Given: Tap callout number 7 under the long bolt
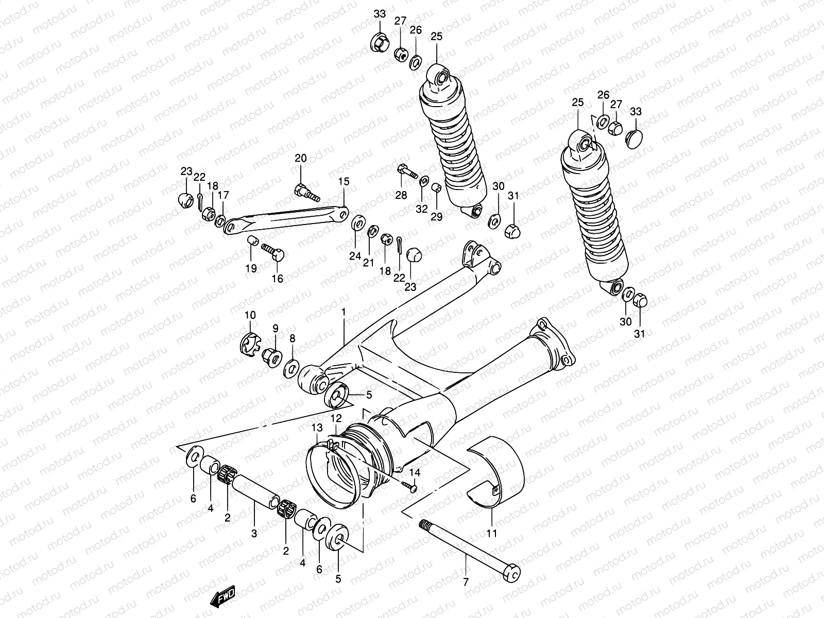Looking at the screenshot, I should tap(466, 582).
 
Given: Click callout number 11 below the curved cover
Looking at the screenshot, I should tap(492, 534).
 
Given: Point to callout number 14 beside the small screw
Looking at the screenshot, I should tap(415, 472).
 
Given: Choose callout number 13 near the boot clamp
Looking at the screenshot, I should tap(317, 427).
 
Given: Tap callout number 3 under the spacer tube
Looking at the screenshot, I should tap(254, 534).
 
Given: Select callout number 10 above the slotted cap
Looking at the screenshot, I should tap(250, 315).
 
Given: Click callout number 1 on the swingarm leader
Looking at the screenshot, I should tap(344, 312).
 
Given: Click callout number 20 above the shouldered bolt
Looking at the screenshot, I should tap(300, 158).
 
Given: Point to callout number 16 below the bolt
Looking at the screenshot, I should tap(277, 279).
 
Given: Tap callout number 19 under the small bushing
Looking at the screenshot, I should tap(251, 268).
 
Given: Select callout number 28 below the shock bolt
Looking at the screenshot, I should tap(401, 195).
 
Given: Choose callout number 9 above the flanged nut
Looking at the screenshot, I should tap(275, 328).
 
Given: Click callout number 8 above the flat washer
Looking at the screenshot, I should tap(293, 338).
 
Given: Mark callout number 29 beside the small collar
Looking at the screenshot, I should tap(436, 217).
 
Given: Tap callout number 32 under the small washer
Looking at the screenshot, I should tap(422, 209).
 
